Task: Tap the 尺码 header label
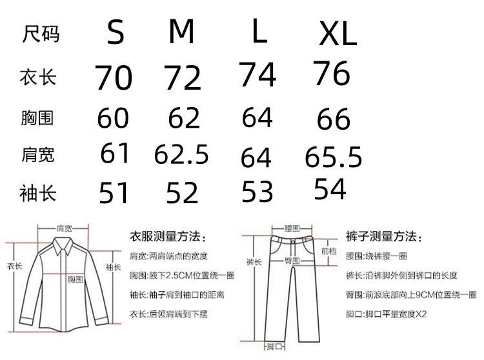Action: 41,33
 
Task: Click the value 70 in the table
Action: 114,78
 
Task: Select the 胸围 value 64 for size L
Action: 257,118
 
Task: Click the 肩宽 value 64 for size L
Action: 256,158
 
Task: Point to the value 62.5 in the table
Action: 181,155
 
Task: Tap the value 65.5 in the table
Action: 332,157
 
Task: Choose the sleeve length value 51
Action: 114,193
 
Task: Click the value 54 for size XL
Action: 330,189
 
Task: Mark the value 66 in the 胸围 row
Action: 333,120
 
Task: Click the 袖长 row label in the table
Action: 38,192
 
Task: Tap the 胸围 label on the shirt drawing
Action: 76,280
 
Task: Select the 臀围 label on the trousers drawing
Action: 292,260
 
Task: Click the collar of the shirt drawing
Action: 64,243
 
